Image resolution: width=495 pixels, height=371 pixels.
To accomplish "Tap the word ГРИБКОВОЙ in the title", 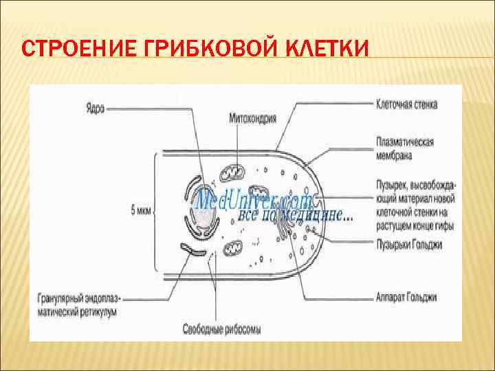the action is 196,50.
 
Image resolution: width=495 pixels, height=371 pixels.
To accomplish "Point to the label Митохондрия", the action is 253,118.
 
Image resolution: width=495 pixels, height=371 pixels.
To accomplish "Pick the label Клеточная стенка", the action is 407,105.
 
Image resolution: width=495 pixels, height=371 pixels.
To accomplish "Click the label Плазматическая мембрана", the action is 404,148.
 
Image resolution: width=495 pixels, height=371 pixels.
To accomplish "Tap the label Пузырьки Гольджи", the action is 409,244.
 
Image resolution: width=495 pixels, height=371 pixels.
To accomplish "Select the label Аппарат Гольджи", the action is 407,297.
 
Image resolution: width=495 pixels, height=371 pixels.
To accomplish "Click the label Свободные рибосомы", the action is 221,329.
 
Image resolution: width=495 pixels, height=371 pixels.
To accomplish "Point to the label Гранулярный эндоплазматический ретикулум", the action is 78,305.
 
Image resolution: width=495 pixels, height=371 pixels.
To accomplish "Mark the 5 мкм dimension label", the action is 141,210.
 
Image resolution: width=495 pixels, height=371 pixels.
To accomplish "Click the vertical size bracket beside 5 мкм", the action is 157,210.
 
